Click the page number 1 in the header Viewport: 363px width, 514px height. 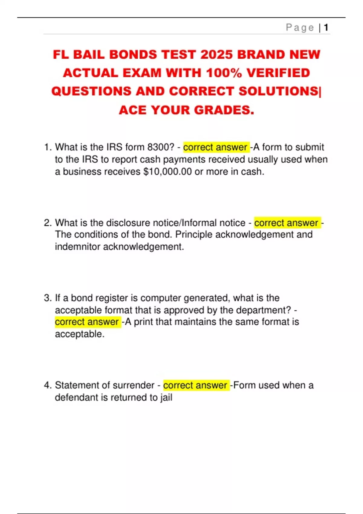326,28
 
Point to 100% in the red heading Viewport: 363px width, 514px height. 224,73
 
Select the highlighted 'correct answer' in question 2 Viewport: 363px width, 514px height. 286,223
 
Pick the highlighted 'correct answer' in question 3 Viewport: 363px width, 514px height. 87,322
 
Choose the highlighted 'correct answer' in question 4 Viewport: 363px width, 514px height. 195,385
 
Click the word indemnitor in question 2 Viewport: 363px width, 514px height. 78,247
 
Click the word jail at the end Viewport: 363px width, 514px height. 166,397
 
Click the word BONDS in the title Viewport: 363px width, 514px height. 133,55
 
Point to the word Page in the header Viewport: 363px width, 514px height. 300,28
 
